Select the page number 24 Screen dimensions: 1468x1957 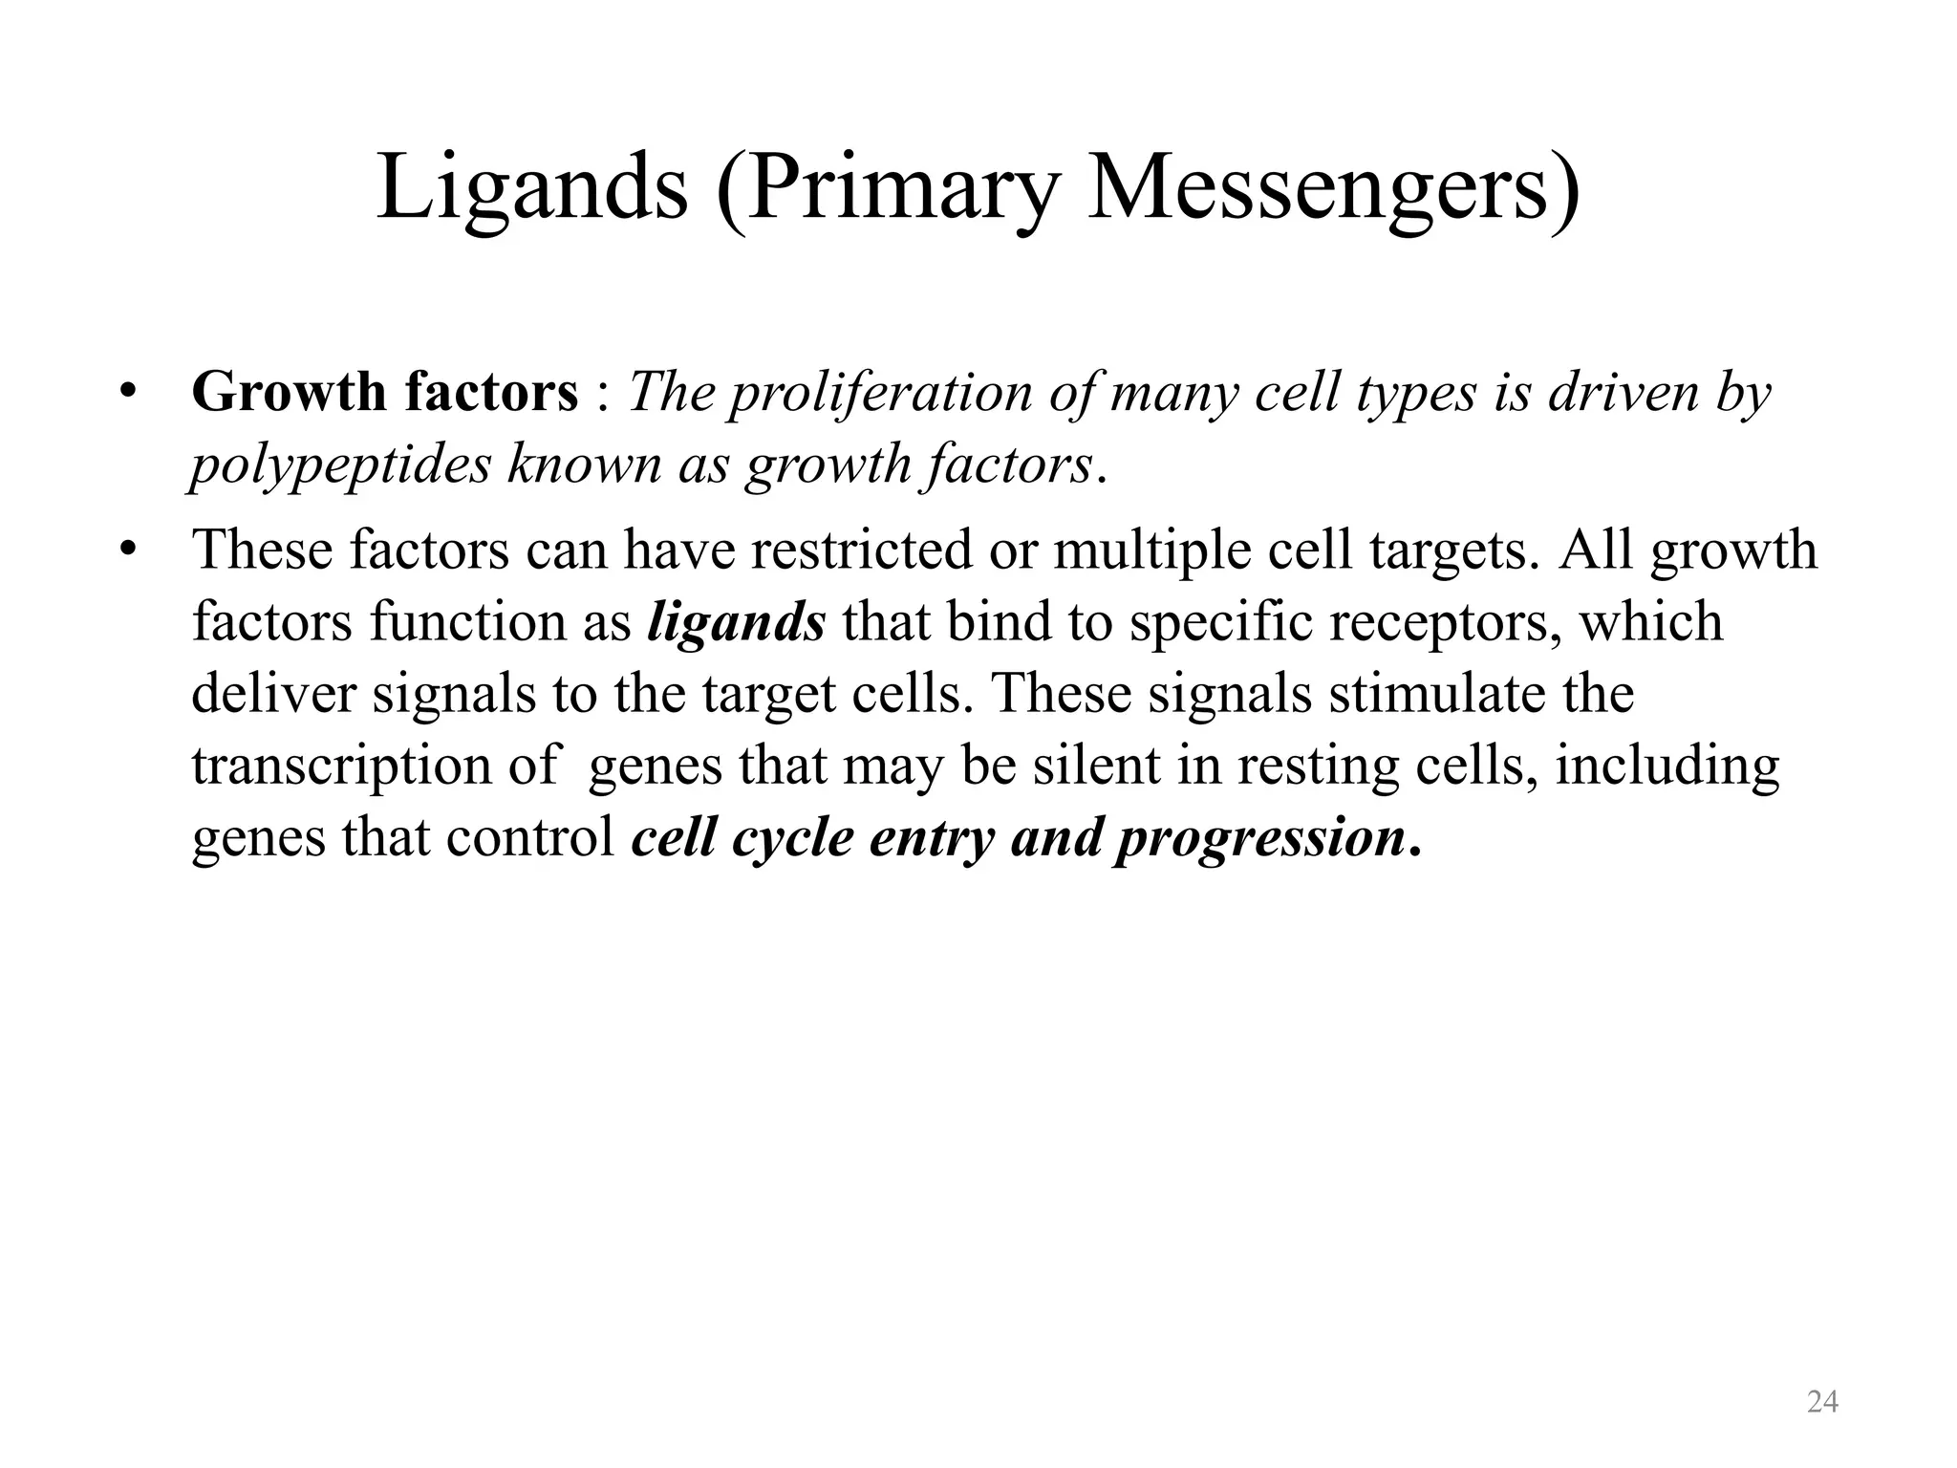point(1822,1402)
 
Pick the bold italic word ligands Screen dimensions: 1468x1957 point(736,622)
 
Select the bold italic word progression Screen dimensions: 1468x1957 point(1259,838)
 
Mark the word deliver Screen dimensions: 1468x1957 point(273,693)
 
